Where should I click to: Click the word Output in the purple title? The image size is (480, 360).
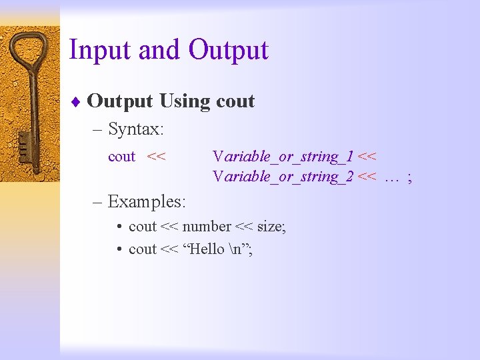coord(228,51)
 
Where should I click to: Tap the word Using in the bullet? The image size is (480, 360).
coord(185,101)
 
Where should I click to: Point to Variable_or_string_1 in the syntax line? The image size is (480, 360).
coord(283,157)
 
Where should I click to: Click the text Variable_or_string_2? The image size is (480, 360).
coord(283,177)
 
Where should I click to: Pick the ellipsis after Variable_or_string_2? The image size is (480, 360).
coord(391,177)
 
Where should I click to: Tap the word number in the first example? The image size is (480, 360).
coord(207,227)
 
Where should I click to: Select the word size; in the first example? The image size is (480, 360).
coord(271,227)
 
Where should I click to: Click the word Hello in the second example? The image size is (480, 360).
coord(207,249)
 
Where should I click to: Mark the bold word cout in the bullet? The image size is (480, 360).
coord(235,101)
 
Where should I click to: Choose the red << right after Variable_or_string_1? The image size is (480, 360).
coord(367,157)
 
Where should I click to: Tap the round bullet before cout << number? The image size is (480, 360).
coord(117,227)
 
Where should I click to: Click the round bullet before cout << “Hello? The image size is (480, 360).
coord(117,250)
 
